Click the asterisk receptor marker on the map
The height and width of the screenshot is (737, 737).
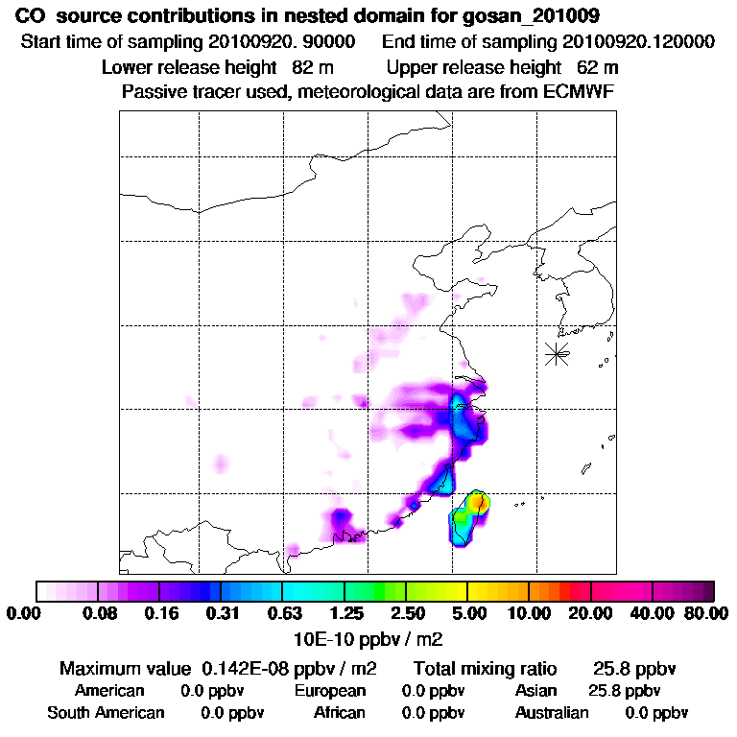[557, 353]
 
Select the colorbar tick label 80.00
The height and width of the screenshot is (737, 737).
[702, 613]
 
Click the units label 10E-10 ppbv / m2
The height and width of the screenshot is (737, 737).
[368, 637]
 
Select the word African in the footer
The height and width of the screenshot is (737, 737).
[340, 712]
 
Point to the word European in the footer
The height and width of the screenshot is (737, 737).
[330, 690]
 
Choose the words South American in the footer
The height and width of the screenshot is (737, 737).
[106, 712]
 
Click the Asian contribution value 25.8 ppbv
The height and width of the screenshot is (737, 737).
[624, 690]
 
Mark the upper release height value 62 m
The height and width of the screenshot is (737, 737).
[598, 67]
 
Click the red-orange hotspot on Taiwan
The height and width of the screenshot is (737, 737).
[479, 500]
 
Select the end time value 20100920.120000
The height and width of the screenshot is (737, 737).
[630, 42]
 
